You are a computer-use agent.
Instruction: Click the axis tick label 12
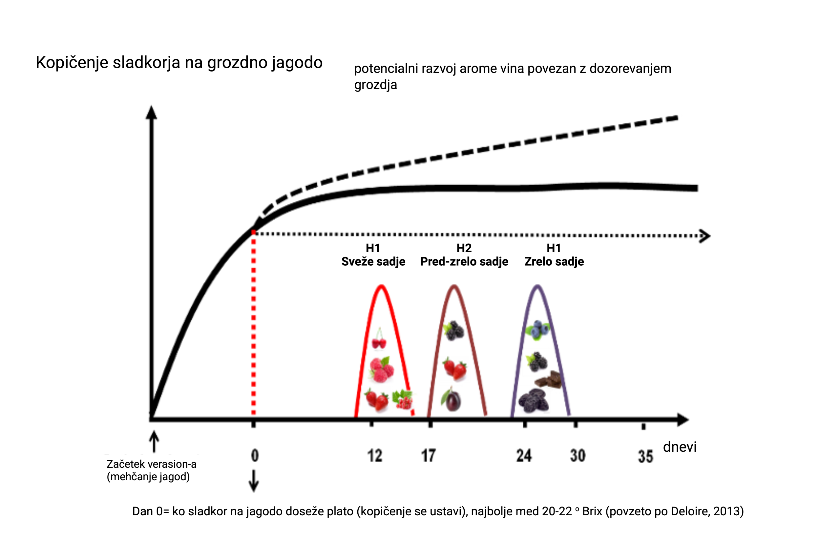tap(374, 456)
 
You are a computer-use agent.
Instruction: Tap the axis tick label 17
tap(428, 456)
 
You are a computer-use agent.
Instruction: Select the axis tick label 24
tap(524, 456)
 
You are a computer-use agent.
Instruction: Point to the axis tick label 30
tap(577, 456)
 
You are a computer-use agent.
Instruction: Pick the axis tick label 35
tap(645, 457)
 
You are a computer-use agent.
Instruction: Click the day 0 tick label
tap(254, 456)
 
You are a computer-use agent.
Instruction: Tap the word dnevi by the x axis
tap(680, 447)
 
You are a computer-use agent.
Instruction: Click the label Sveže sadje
tap(373, 261)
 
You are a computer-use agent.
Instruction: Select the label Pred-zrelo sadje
tap(464, 261)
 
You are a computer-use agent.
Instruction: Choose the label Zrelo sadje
tap(554, 261)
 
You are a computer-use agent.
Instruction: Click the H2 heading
tap(464, 248)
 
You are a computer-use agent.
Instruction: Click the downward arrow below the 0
tap(253, 481)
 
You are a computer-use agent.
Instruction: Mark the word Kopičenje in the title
tap(72, 63)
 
